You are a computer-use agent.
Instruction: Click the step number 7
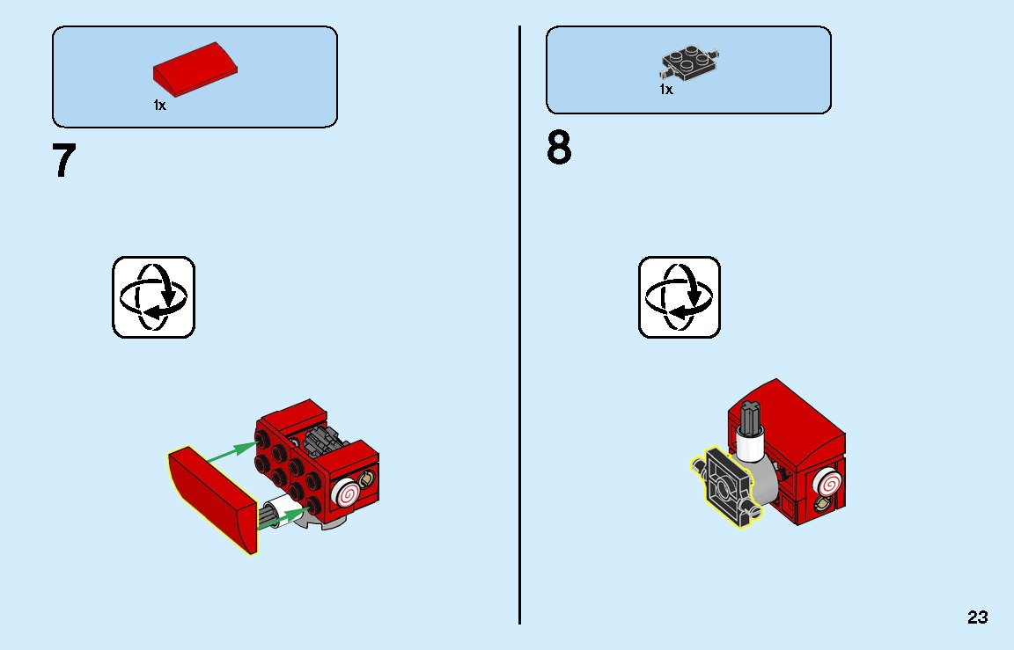pos(63,160)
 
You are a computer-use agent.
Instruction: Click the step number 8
pos(560,147)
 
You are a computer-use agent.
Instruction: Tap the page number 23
pos(978,617)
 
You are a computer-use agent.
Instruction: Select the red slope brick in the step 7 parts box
pos(195,69)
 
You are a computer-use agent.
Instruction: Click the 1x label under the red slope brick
pos(159,106)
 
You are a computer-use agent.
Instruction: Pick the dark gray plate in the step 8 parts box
pos(689,63)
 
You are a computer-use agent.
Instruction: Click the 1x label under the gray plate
pos(666,90)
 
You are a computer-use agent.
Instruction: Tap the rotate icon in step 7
pos(153,297)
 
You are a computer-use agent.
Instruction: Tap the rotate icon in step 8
pos(679,297)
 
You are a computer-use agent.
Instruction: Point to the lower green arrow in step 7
pos(283,518)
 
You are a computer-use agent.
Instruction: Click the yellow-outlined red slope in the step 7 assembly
pos(212,499)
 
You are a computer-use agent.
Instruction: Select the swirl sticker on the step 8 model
pos(828,482)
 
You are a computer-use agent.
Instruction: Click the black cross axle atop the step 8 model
pos(750,417)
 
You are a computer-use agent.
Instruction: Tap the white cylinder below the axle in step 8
pos(750,446)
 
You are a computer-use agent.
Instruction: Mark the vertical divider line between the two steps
pos(519,325)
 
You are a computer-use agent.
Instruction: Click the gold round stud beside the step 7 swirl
pos(367,478)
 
